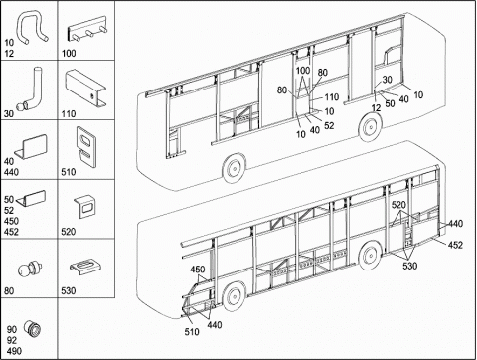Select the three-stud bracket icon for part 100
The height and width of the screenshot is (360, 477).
[x=87, y=29]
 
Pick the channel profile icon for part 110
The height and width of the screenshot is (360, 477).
[x=85, y=88]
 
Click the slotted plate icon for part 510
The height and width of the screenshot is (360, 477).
[x=86, y=146]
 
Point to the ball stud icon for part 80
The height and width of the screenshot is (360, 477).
[x=29, y=269]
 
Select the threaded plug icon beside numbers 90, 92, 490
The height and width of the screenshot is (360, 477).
[x=33, y=329]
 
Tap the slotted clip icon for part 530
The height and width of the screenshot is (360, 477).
[x=85, y=267]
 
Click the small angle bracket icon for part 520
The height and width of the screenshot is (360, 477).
[x=85, y=207]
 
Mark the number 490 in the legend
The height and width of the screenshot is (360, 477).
[x=14, y=351]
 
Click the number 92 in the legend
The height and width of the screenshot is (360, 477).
[x=12, y=340]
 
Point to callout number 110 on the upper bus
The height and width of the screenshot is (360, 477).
[x=332, y=97]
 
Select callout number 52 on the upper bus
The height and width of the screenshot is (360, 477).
[x=329, y=125]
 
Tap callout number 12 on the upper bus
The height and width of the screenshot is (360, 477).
[x=376, y=108]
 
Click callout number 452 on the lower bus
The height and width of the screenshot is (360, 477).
[x=455, y=245]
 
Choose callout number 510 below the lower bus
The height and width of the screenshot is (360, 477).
[x=192, y=331]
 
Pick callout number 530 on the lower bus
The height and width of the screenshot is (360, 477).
[x=410, y=266]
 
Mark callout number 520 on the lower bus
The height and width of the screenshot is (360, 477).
[x=398, y=205]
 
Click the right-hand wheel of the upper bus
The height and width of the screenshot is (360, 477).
[x=369, y=127]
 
